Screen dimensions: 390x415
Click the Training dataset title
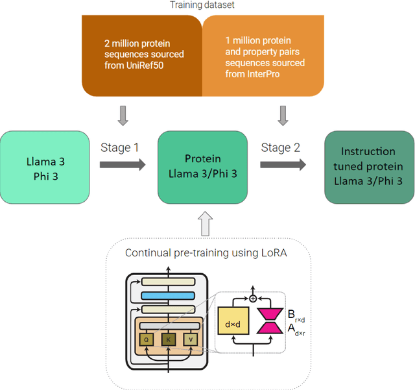tap(202, 5)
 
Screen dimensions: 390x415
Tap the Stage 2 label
tap(280, 147)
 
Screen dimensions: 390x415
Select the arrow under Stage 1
tap(122, 165)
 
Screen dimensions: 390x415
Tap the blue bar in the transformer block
tap(167, 296)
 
